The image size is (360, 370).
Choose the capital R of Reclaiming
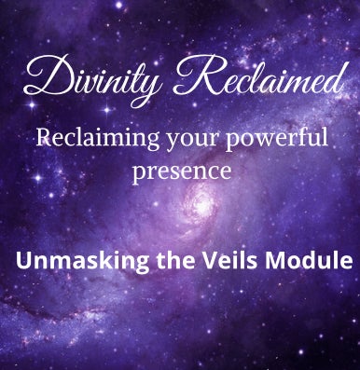click(x=44, y=139)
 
